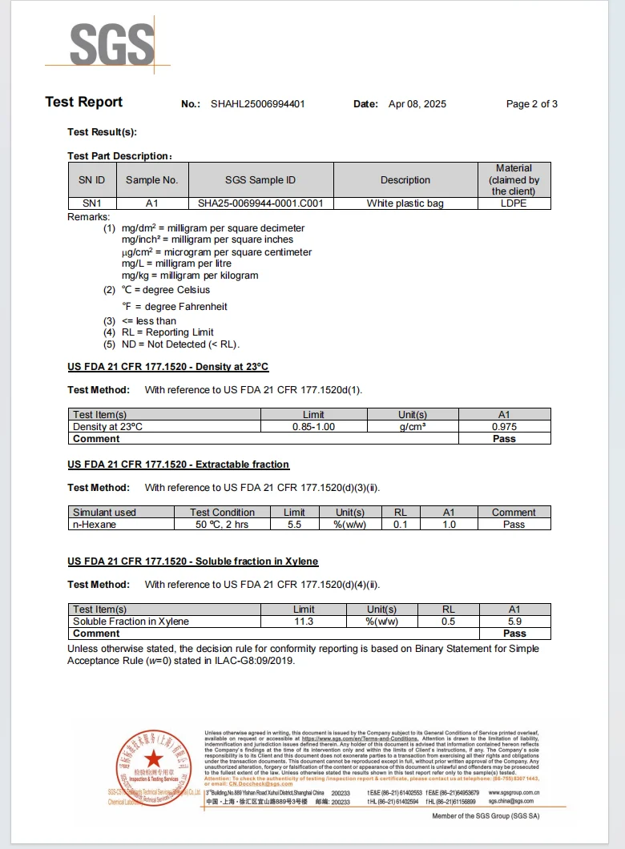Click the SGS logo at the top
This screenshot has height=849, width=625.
111,45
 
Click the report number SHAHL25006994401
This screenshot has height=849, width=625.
257,104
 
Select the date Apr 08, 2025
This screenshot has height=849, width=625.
417,104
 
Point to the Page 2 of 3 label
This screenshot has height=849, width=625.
531,104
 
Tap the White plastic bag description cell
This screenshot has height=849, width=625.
405,203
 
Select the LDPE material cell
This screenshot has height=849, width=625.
514,203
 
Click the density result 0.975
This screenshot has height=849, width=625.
504,427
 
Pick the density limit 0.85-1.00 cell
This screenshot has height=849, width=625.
313,427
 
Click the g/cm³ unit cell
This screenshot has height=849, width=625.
412,427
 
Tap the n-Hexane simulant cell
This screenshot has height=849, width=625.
95,525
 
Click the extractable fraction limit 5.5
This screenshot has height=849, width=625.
294,525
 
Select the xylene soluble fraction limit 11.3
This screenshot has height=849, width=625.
304,622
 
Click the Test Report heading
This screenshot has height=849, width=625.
84,103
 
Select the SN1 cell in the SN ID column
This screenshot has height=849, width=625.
92,203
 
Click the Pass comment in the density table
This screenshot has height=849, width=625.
504,439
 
